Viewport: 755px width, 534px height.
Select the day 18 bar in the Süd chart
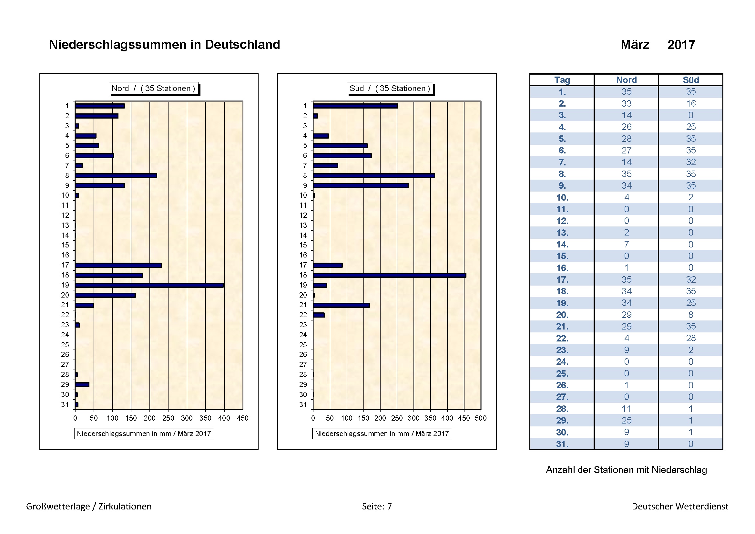(389, 275)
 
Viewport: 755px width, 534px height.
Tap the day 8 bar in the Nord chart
(116, 176)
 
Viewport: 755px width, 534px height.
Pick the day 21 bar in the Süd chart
(341, 305)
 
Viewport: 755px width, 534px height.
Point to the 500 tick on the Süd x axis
(481, 418)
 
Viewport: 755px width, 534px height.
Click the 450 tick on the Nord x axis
(243, 418)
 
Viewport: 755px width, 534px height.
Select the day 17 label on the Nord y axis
(65, 265)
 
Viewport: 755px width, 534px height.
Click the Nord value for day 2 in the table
(627, 104)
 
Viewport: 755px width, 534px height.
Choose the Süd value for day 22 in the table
(690, 338)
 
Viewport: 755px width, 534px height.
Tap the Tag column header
(562, 80)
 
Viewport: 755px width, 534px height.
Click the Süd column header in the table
(690, 80)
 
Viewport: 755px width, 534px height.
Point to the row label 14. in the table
(562, 245)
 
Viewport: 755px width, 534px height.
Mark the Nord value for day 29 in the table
(627, 421)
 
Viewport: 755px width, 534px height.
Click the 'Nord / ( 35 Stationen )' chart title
(154, 89)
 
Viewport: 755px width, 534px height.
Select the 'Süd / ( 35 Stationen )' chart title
(390, 89)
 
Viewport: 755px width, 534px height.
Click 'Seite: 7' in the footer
(377, 506)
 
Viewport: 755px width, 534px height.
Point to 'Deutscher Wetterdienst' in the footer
(680, 506)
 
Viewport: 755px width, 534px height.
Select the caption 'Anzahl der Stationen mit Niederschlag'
(626, 470)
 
